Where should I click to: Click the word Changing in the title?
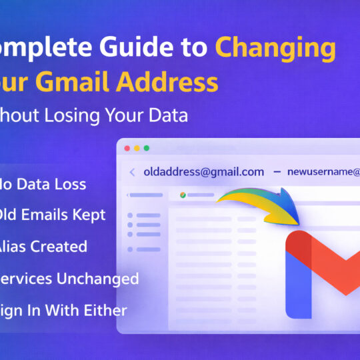275,49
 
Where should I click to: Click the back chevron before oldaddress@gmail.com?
132,172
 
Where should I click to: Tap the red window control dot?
127,148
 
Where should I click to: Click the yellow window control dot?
137,148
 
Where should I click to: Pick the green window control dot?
147,148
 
